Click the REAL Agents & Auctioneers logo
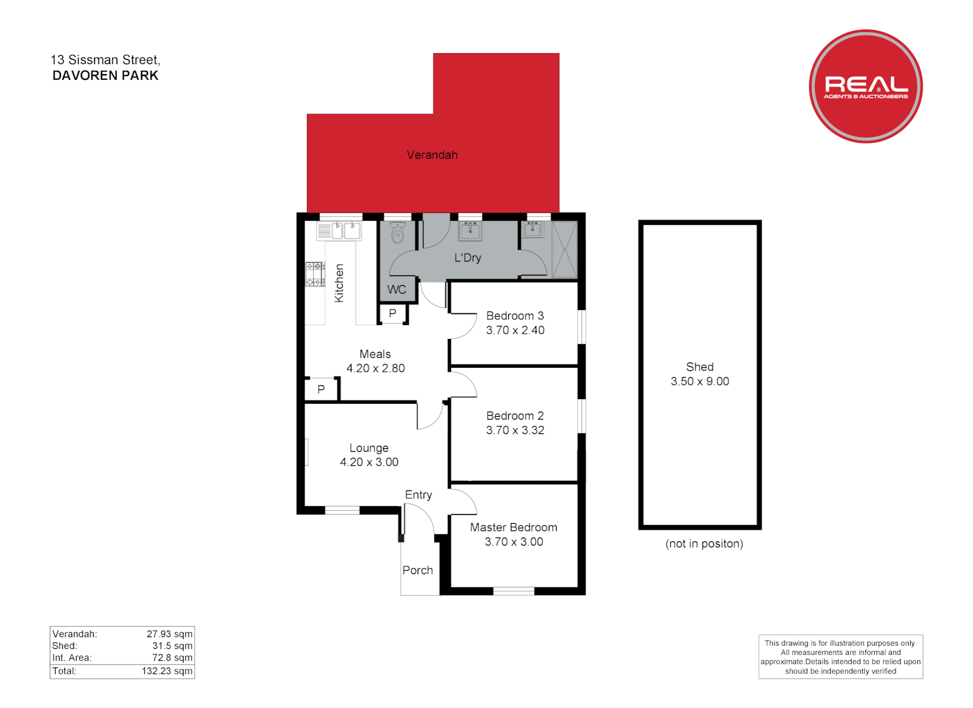(x=865, y=86)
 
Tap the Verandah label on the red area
(x=432, y=155)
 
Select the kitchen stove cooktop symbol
(x=315, y=274)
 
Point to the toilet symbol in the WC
(x=397, y=233)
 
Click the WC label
(x=397, y=290)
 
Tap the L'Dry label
(x=467, y=258)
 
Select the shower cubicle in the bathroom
(x=565, y=249)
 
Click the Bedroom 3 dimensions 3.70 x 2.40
(x=515, y=330)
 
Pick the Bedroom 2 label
(x=515, y=416)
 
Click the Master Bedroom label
(x=513, y=527)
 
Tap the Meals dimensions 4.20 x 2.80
(x=376, y=368)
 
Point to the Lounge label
(x=368, y=448)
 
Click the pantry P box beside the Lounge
(x=321, y=389)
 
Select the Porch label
(x=418, y=570)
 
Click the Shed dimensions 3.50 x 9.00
(x=700, y=382)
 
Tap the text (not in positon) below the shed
(x=704, y=543)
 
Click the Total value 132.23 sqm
(x=167, y=671)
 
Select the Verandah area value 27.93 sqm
(x=169, y=634)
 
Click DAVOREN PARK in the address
(x=106, y=75)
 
